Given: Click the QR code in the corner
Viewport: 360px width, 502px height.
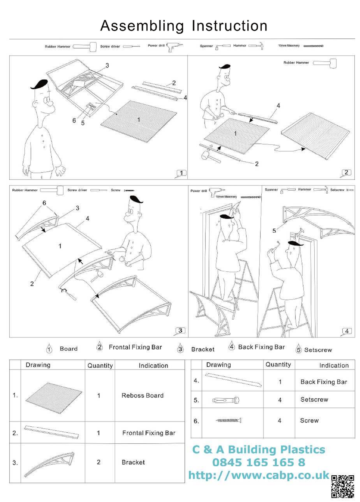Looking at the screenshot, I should pos(342,486).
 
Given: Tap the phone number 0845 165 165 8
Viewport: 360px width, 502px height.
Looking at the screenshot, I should pos(259,462).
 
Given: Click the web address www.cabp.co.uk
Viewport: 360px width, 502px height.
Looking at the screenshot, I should pos(259,475).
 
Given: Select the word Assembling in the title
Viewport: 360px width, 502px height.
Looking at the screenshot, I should pos(142,26).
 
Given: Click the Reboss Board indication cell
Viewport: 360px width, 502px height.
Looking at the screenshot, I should pos(142,395).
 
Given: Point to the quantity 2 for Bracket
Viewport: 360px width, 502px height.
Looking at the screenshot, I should pos(99,462).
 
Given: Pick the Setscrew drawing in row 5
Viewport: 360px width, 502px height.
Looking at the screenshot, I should pos(226,400).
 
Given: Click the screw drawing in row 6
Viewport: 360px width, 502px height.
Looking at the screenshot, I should pos(229,420).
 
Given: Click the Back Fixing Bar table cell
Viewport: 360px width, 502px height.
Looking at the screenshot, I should pos(324,382).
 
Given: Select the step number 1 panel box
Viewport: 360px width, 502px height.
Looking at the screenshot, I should pos(182,173).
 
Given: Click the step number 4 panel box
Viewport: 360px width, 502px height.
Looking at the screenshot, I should pos(347,331).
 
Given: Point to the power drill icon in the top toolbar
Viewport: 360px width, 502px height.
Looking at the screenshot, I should pos(174,47).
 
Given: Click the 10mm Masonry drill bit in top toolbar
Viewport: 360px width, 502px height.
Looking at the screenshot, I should pos(313,46).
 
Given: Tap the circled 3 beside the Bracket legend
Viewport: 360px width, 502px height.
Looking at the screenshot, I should pos(180,349).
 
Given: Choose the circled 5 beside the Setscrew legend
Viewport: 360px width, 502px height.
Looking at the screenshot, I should pos(299,349).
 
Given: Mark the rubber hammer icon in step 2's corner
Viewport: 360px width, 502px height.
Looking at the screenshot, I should pos(325,63).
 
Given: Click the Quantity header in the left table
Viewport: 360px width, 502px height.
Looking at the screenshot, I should pos(100,366).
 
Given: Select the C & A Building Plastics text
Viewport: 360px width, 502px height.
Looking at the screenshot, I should pos(259,450).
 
